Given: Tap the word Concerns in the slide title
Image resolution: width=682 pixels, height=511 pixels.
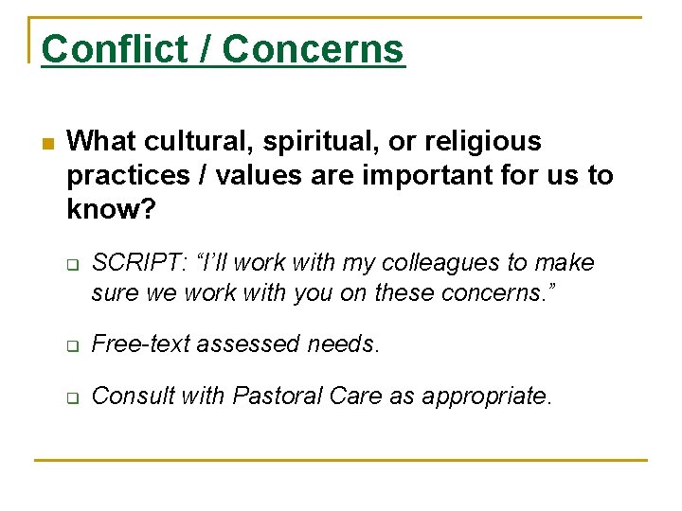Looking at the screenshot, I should (314, 48).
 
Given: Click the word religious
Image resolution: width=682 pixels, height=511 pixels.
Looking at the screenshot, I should (480, 142).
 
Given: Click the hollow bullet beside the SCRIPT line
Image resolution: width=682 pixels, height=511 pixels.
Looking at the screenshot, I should (72, 264).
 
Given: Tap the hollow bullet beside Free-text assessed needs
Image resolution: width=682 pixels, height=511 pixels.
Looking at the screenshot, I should (72, 345).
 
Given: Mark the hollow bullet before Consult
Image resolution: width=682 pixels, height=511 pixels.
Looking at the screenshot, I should (72, 396).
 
